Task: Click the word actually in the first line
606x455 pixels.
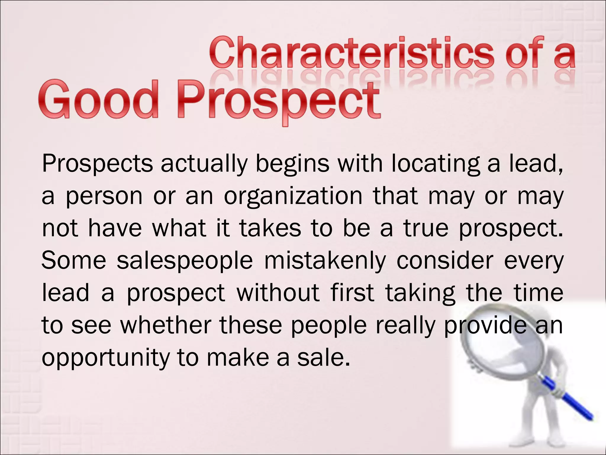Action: (x=204, y=164)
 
